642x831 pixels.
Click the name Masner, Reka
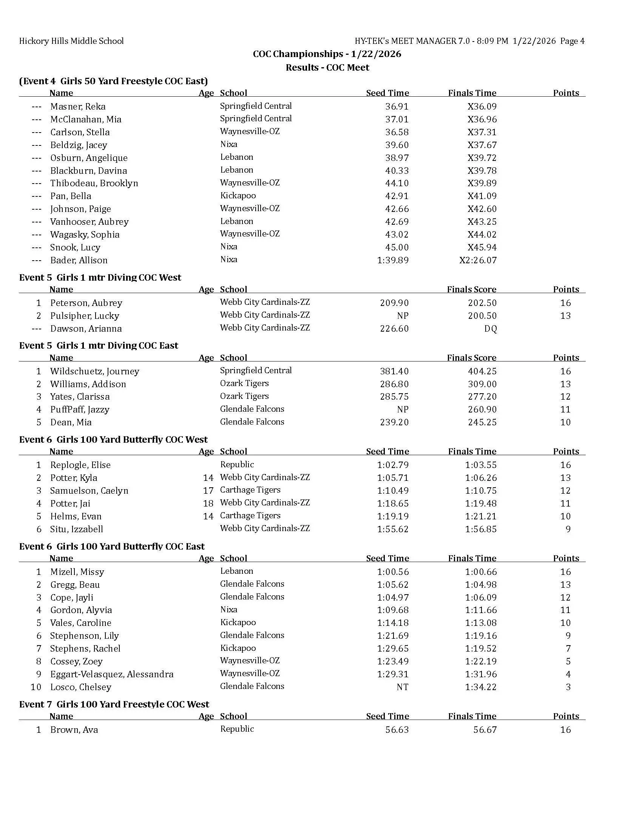tap(77, 107)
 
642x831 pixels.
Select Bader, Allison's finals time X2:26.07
tap(478, 260)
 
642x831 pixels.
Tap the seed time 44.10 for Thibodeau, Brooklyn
tap(397, 183)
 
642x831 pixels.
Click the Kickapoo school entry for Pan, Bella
tap(238, 196)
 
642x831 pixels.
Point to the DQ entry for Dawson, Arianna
tap(490, 329)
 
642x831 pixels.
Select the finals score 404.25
tap(482, 371)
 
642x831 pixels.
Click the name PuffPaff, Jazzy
tap(79, 409)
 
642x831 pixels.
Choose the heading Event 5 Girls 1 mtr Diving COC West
tap(100, 277)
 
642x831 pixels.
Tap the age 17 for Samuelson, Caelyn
tap(208, 490)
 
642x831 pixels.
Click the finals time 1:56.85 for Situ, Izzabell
tap(481, 529)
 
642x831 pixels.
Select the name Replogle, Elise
tap(80, 465)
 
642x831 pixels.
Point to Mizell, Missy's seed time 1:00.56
tap(392, 572)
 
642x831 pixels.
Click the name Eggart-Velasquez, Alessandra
tap(111, 674)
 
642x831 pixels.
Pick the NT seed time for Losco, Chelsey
tap(402, 687)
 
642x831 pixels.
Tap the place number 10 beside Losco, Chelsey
tap(36, 687)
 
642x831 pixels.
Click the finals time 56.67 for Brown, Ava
tap(485, 730)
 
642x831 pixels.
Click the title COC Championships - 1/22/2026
tap(327, 54)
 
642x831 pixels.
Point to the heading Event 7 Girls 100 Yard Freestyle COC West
tap(114, 704)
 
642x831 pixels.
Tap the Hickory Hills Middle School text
tap(71, 41)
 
